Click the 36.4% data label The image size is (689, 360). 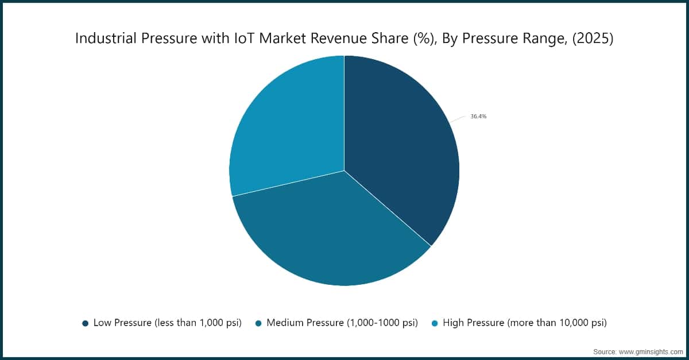pyautogui.click(x=478, y=116)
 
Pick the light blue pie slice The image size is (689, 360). pyautogui.click(x=287, y=126)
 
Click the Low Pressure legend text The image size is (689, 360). pyautogui.click(x=167, y=323)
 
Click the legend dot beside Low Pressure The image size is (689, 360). pyautogui.click(x=86, y=323)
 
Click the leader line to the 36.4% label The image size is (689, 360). pyautogui.click(x=457, y=119)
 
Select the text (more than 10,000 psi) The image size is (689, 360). pyautogui.click(x=556, y=323)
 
